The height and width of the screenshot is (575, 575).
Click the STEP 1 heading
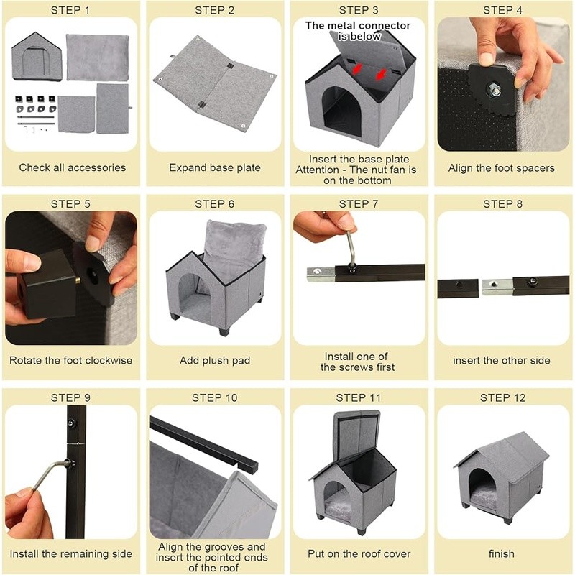tap(70, 10)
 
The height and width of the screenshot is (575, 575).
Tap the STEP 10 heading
tap(214, 397)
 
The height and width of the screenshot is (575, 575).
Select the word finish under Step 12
tap(501, 553)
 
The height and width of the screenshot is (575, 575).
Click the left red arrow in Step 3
tap(356, 68)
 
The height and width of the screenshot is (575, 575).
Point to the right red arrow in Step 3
tap(382, 74)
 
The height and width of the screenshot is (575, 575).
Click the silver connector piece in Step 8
tap(497, 287)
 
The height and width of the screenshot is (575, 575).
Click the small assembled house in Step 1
tap(37, 56)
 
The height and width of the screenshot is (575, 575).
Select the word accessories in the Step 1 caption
tap(97, 167)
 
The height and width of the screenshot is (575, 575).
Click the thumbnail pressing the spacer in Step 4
tap(487, 59)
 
